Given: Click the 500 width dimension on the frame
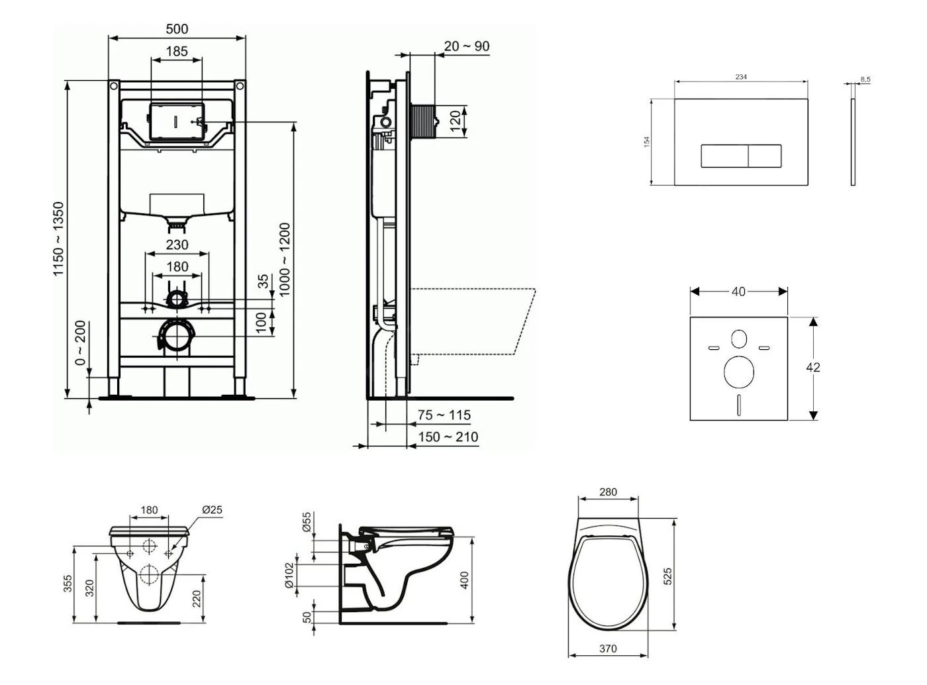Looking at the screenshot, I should [x=177, y=29].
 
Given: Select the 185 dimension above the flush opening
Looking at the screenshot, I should [x=177, y=51].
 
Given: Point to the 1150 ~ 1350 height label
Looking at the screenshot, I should [x=59, y=239].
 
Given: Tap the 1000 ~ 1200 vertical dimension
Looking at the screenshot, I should [x=285, y=259].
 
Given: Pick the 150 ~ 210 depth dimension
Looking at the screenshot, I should [x=448, y=437].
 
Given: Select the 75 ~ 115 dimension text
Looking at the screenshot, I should [x=444, y=415].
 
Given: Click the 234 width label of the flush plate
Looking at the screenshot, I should [x=741, y=77].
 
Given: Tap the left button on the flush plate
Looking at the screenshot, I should [x=724, y=156].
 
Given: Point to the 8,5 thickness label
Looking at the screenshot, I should [x=865, y=79].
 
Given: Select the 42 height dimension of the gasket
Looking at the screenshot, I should [x=813, y=367].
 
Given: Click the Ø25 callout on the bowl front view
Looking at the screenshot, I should [x=212, y=510].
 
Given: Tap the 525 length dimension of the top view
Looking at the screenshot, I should [x=667, y=575].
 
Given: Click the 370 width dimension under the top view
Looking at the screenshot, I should [x=608, y=649].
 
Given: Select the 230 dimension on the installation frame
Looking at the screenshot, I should [x=177, y=244].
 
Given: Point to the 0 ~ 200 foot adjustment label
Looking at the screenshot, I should [x=80, y=343].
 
